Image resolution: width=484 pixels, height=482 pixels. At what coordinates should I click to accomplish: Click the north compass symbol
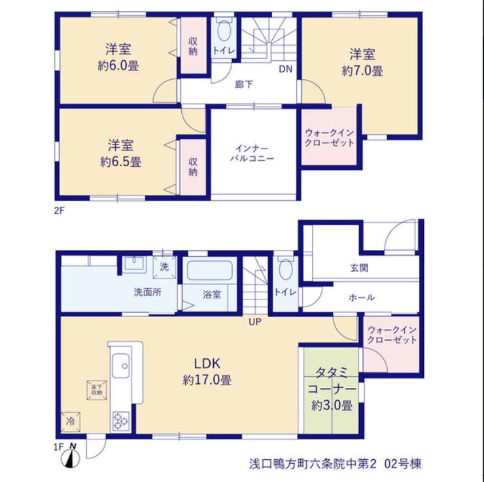coord(71,458)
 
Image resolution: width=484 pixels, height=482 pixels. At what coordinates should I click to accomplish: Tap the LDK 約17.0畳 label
coord(207,372)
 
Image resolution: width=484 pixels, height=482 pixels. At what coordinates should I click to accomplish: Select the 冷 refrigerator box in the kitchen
coord(71,422)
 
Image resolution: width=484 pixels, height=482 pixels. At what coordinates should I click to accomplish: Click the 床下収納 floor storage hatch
coord(97,390)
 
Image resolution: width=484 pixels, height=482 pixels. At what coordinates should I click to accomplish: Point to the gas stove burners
coord(121,421)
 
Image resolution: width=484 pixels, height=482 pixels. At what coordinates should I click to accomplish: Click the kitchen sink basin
coord(121,366)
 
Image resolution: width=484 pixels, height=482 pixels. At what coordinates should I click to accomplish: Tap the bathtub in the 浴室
coord(210,271)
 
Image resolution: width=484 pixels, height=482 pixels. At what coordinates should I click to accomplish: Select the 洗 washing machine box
coord(165,267)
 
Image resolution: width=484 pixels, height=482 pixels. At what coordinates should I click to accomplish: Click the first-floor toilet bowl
coord(286,269)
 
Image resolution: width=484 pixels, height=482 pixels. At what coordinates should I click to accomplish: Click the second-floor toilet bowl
coord(224,31)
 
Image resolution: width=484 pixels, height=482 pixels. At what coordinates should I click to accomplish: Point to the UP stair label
coord(255,322)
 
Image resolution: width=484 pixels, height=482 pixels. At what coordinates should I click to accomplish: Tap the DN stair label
coord(286,69)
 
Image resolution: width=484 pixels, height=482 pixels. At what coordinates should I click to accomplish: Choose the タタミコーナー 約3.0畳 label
coord(332,389)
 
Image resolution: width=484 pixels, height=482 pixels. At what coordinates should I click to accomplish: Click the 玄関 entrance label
coord(359,268)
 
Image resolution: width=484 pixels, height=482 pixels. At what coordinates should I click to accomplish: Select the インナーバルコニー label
coord(252,154)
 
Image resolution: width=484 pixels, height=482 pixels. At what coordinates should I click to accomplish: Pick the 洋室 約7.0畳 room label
coord(362,63)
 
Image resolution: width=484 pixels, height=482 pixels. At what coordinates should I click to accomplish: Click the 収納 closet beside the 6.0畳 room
coord(193,45)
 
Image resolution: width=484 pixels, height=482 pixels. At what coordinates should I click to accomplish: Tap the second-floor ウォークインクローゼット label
coord(330,138)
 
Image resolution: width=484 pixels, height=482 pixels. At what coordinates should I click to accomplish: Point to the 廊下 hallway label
coord(244,84)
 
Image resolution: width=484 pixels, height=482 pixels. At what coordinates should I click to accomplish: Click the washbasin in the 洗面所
coord(135,264)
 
